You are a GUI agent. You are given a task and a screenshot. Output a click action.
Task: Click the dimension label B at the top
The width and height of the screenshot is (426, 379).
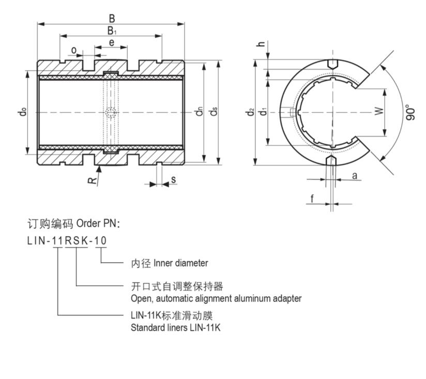click(x=112, y=19)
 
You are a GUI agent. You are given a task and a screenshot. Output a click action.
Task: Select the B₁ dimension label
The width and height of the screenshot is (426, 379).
click(x=112, y=31)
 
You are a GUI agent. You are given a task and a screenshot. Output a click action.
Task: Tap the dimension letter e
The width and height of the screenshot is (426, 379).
click(x=112, y=43)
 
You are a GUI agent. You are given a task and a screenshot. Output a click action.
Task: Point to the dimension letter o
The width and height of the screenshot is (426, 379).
click(x=74, y=50)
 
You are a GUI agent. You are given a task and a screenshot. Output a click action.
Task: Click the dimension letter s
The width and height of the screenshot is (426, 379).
click(x=174, y=179)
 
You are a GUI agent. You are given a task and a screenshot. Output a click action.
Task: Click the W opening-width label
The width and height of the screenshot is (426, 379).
click(x=379, y=111)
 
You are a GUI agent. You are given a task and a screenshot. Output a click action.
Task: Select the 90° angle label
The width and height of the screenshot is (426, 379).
click(x=410, y=112)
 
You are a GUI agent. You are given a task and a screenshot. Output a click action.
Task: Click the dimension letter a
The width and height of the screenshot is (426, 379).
click(x=354, y=175)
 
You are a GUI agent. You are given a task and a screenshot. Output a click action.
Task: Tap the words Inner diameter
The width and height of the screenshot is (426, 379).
click(x=181, y=263)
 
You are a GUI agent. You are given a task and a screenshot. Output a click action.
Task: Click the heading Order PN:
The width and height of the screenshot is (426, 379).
click(x=98, y=223)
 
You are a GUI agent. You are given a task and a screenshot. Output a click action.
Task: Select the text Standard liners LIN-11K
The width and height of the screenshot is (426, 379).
click(x=176, y=327)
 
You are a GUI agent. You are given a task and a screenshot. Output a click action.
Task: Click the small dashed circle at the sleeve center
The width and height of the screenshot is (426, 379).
click(x=111, y=112)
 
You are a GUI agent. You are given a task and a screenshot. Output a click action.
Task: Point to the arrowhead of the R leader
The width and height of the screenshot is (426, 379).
click(x=100, y=167)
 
